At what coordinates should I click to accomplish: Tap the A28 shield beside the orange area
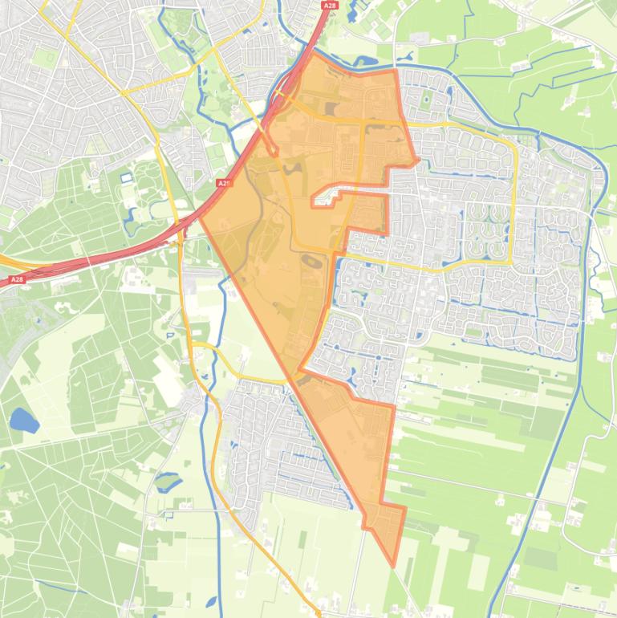[x=224, y=184]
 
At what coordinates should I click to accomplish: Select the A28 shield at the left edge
[x=17, y=279]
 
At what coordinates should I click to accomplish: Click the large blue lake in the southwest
[x=23, y=420]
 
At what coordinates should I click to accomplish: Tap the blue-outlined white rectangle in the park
[x=127, y=177]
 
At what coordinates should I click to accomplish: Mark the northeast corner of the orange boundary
[x=396, y=71]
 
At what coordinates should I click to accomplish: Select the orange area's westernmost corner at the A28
[x=200, y=217]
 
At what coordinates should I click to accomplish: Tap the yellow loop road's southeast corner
[x=511, y=262]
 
